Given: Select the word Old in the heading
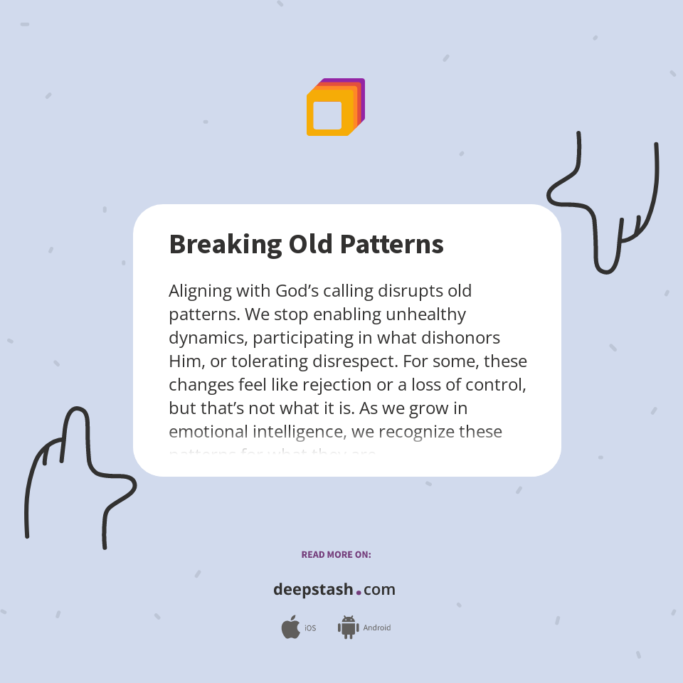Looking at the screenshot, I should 311,245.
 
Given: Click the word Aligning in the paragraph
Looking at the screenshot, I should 200,291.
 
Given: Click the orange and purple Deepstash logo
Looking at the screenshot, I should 335,107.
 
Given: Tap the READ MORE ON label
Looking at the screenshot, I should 336,555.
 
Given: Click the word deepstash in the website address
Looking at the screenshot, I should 313,590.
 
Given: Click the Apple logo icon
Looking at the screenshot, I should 290,628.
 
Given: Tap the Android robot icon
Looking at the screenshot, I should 348,628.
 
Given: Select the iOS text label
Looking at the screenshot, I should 310,628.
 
